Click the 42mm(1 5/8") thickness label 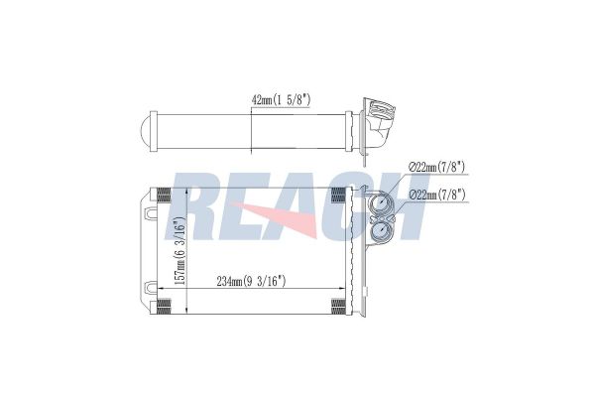pyautogui.click(x=282, y=100)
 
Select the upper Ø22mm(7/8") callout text pyautogui.click(x=437, y=167)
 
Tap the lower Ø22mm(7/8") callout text pyautogui.click(x=437, y=195)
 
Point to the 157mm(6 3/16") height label pyautogui.click(x=180, y=251)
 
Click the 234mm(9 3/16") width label pyautogui.click(x=251, y=282)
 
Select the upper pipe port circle pyautogui.click(x=381, y=204)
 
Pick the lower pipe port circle pyautogui.click(x=381, y=231)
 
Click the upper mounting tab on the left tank pyautogui.click(x=151, y=212)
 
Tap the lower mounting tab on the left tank pyautogui.click(x=151, y=288)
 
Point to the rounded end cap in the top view pyautogui.click(x=146, y=131)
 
